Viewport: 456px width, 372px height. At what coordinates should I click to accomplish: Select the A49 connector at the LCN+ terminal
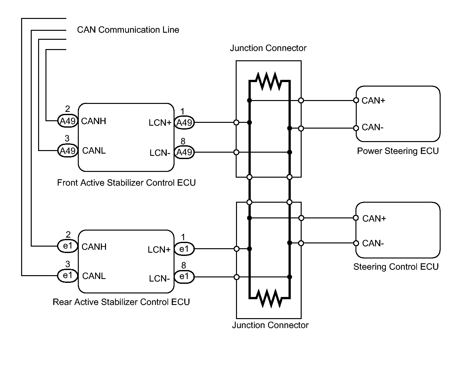[x=184, y=123]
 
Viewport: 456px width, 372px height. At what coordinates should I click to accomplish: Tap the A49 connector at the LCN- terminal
[x=184, y=152]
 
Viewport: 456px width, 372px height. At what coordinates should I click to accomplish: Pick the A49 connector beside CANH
[x=68, y=121]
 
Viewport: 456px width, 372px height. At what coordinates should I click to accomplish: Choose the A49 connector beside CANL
[x=68, y=150]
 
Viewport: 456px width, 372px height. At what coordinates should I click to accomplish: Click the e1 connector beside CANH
[x=68, y=246]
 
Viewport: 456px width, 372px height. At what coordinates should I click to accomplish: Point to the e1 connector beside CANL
[x=68, y=275]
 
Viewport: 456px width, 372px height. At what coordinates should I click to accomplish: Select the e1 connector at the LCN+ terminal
[x=184, y=249]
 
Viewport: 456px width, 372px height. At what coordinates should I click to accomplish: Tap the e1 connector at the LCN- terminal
[x=184, y=277]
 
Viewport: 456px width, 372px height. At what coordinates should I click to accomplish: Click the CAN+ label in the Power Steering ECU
[x=373, y=101]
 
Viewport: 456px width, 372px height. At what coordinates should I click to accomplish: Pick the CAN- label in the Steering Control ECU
[x=373, y=243]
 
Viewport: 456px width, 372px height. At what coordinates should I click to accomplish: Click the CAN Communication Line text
[x=128, y=30]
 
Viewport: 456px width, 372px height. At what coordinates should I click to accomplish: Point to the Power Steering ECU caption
[x=398, y=151]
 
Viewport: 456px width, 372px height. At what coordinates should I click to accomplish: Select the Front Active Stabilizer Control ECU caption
[x=126, y=183]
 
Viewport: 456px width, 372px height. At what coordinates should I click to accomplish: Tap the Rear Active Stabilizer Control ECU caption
[x=121, y=302]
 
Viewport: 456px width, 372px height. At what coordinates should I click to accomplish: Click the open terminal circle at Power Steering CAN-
[x=356, y=128]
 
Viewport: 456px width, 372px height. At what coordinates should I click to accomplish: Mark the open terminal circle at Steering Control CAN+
[x=356, y=218]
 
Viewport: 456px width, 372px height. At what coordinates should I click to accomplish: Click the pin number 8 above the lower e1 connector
[x=183, y=266]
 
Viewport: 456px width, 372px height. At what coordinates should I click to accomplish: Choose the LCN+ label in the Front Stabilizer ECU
[x=160, y=123]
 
